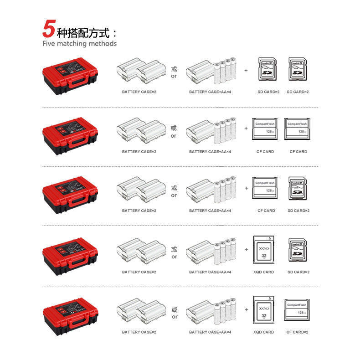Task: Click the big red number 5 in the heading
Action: click(48, 29)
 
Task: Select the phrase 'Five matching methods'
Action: click(79, 44)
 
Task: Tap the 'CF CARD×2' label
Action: click(298, 332)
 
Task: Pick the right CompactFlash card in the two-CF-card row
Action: click(297, 129)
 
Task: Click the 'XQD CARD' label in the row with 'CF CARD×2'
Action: click(264, 332)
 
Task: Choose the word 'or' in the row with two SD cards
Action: click(174, 76)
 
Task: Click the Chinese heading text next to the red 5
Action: click(87, 32)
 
